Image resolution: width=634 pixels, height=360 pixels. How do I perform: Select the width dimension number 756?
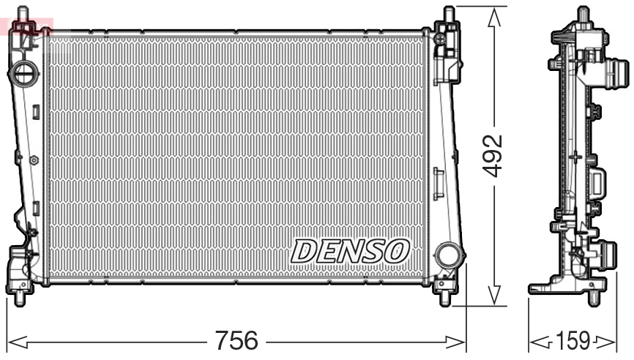click(x=236, y=341)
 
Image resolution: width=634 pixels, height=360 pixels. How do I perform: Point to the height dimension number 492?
click(x=496, y=154)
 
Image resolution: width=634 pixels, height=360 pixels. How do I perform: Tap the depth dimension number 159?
click(x=573, y=341)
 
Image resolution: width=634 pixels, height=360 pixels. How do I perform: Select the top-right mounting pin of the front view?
click(x=450, y=12)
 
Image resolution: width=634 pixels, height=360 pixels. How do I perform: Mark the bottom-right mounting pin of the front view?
click(x=444, y=298)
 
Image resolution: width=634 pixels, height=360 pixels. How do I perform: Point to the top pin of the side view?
click(x=583, y=13)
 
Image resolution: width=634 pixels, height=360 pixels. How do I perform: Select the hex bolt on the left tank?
click(x=34, y=159)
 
